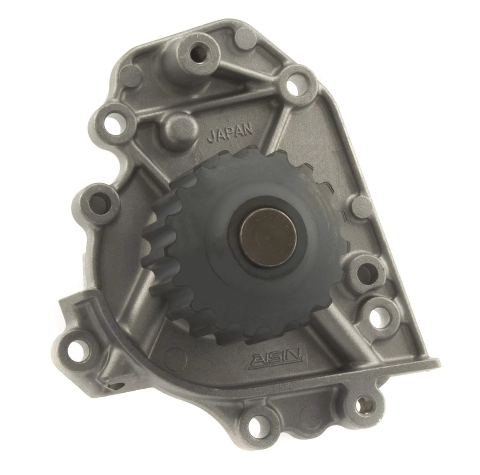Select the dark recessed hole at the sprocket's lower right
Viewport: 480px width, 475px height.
click(367, 272)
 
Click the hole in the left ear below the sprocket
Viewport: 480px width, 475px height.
click(77, 346)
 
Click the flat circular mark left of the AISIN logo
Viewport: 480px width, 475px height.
click(175, 356)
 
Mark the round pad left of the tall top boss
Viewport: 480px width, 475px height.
click(129, 76)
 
